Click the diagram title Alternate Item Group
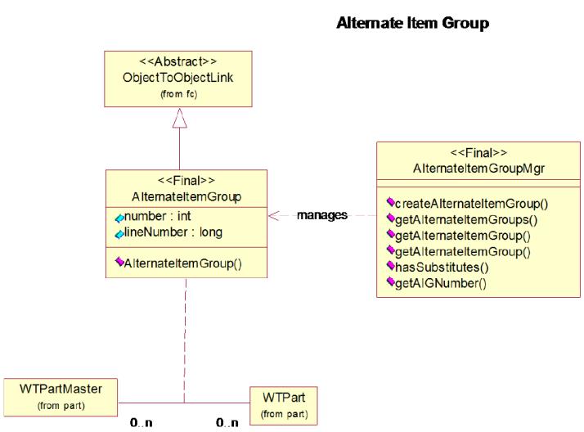coord(413,23)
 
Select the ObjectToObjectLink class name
coord(178,78)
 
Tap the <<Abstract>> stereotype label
coord(178,61)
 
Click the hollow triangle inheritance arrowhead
coord(179,118)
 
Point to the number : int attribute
coord(157,216)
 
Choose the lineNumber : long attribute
coord(173,232)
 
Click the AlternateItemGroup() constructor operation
coord(183,263)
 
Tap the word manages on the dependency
coord(322,215)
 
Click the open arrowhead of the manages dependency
coord(274,216)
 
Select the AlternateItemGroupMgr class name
coord(478,169)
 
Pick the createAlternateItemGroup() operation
coord(471,204)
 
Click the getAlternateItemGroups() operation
coord(466,220)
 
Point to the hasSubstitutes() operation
coord(442,267)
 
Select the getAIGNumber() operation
coord(441,283)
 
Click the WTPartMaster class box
coord(61,398)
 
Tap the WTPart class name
coord(284,398)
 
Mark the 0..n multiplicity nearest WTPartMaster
coord(142,423)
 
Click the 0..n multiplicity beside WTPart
coord(227,423)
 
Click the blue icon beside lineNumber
coord(119,234)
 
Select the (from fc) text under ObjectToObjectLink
coord(179,94)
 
